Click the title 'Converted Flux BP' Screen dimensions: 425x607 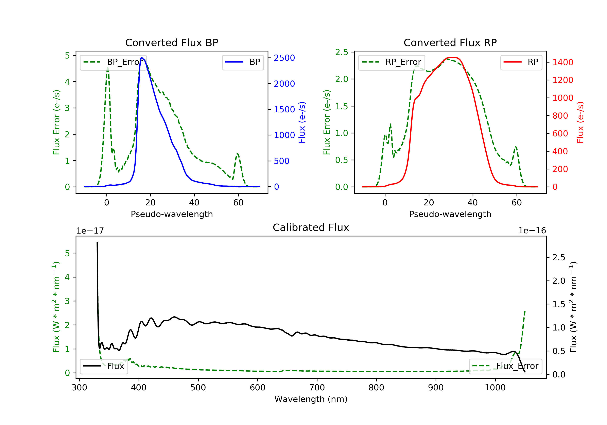[x=172, y=42]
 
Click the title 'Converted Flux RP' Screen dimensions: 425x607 [x=450, y=42]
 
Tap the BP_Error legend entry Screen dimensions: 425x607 [x=113, y=62]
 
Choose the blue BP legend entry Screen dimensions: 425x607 [x=243, y=62]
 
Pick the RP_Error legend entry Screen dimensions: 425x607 [x=392, y=62]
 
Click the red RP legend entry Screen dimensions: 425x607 [x=521, y=62]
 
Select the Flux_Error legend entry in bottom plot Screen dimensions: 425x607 [x=505, y=366]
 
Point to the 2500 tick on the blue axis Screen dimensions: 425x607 [x=284, y=58]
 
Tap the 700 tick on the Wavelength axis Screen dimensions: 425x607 [x=317, y=388]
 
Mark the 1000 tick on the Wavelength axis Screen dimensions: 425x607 [x=495, y=388]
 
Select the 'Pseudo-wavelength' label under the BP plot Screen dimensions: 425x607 [x=172, y=214]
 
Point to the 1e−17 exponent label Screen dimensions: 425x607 [x=90, y=231]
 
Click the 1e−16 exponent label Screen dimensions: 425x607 [x=532, y=231]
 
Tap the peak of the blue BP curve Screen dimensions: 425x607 [x=142, y=57]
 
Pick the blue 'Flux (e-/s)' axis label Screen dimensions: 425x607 [x=302, y=122]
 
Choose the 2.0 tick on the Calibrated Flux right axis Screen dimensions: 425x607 [x=559, y=280]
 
